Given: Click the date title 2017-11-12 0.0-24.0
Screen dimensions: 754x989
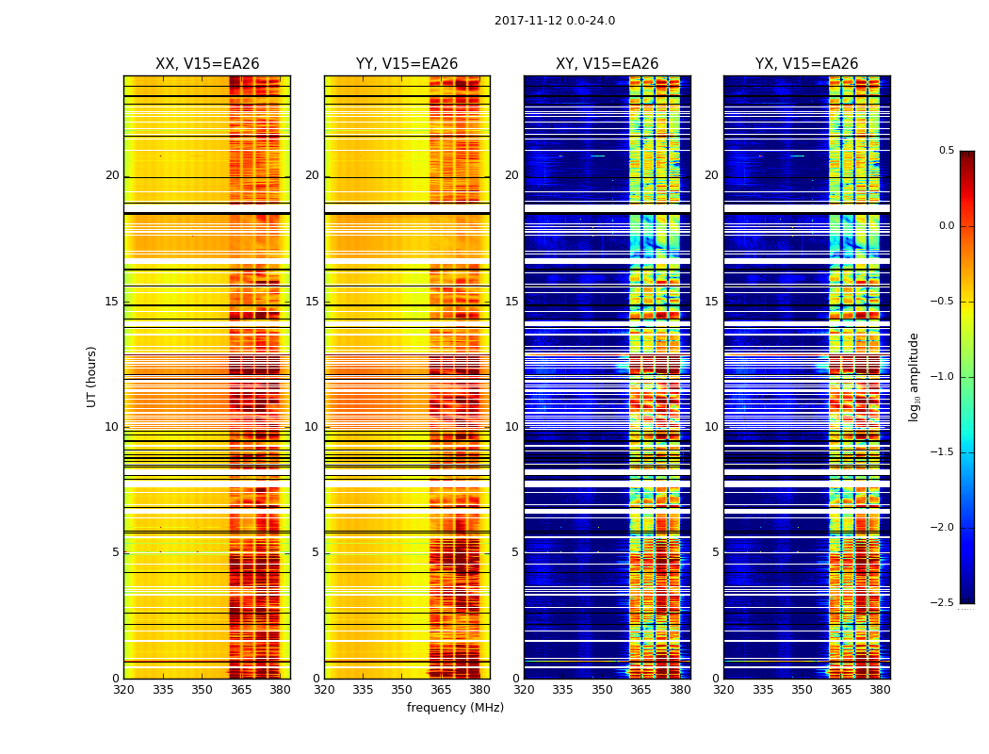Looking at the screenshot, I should point(555,21).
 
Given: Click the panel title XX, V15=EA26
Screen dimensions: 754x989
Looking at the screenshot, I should point(207,64).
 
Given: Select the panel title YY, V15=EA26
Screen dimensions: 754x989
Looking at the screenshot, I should point(407,64).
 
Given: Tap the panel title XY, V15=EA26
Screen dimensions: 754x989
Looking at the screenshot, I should point(607,64).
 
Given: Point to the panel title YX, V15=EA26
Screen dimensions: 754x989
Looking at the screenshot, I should point(806,64).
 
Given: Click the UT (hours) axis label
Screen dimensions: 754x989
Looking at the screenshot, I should point(91,376).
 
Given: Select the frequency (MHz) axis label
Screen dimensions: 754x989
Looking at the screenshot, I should point(455,708).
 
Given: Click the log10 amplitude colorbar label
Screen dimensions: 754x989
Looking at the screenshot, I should point(914,376).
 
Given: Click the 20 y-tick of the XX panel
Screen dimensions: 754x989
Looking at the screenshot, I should point(112,175).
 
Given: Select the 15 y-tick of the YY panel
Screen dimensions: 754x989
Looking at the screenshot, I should point(312,302).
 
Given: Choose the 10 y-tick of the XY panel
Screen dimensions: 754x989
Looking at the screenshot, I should point(511,427).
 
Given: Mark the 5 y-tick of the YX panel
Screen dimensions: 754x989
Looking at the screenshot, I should point(715,552).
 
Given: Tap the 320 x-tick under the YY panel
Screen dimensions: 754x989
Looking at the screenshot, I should point(324,689).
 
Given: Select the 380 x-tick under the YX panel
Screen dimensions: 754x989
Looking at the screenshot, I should point(880,689).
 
